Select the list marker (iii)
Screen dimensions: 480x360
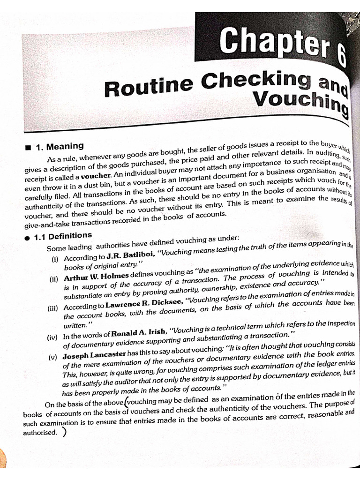pyautogui.click(x=52, y=307)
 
